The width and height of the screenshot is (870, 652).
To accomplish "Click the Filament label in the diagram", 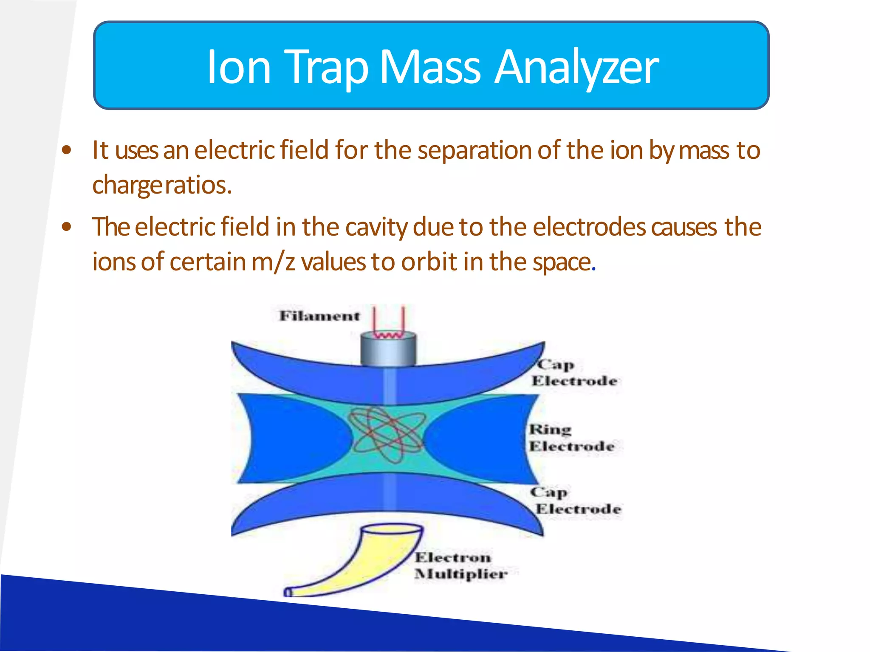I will (x=319, y=316).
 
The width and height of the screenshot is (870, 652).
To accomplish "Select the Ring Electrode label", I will (x=571, y=438).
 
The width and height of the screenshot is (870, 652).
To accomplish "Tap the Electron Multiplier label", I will (x=460, y=566).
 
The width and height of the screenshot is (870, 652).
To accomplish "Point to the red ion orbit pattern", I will (x=387, y=435).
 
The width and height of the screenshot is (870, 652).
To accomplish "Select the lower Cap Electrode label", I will (x=576, y=500).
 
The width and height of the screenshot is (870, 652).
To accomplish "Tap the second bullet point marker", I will (x=66, y=227).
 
